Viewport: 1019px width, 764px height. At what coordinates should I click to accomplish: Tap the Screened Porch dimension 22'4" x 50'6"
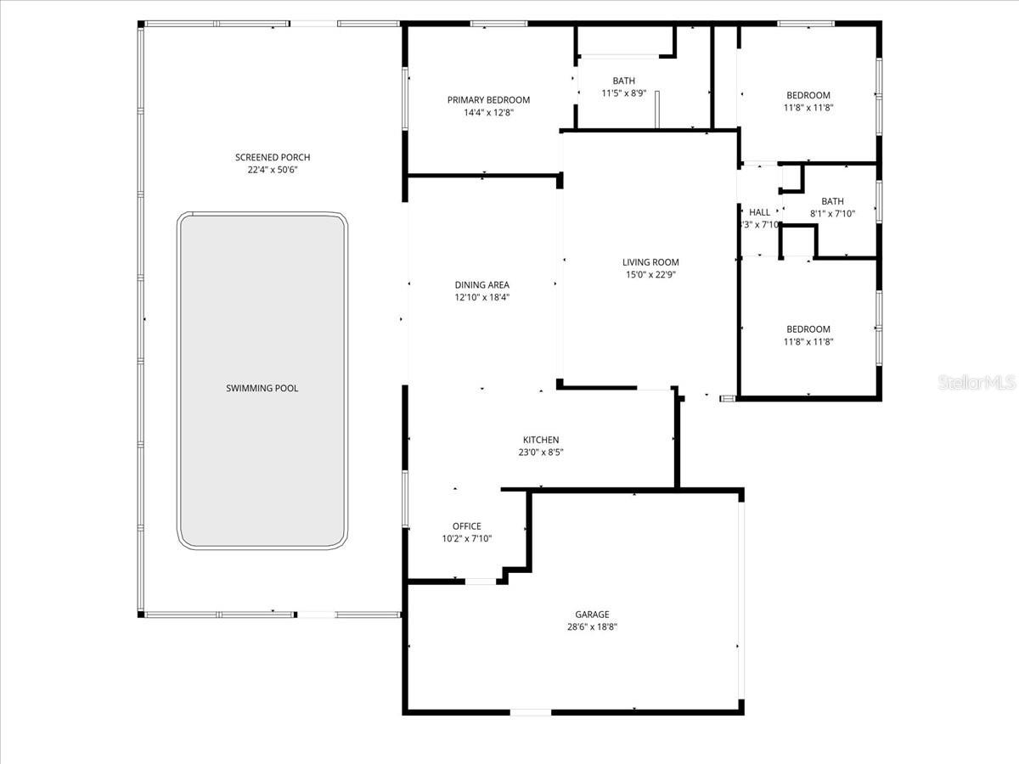pyautogui.click(x=273, y=170)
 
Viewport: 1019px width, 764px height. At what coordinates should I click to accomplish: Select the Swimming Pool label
pyautogui.click(x=262, y=388)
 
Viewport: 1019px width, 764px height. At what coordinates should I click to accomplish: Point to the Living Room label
pyautogui.click(x=650, y=262)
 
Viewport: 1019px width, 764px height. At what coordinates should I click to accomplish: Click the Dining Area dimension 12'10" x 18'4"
pyautogui.click(x=481, y=297)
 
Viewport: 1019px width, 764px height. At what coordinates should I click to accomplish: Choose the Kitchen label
pyautogui.click(x=541, y=440)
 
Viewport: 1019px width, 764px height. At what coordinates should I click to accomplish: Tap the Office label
pyautogui.click(x=466, y=526)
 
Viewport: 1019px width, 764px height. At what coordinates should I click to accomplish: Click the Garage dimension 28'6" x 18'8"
pyautogui.click(x=592, y=626)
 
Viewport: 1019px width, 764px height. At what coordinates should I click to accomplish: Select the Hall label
pyautogui.click(x=759, y=212)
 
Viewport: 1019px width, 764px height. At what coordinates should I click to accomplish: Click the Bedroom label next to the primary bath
pyautogui.click(x=808, y=95)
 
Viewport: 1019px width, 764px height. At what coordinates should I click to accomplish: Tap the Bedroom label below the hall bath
pyautogui.click(x=808, y=329)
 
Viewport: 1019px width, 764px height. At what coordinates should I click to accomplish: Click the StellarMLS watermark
pyautogui.click(x=977, y=384)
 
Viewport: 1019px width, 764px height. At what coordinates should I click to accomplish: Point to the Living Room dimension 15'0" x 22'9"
pyautogui.click(x=650, y=274)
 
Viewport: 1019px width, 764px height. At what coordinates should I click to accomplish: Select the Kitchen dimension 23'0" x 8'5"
pyautogui.click(x=541, y=452)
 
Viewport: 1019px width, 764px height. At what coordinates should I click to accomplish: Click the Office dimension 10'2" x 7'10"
pyautogui.click(x=466, y=538)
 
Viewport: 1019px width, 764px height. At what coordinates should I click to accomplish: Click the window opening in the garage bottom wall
pyautogui.click(x=530, y=711)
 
